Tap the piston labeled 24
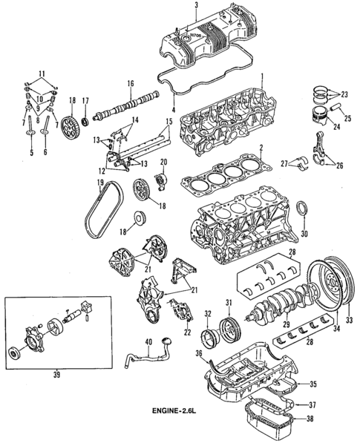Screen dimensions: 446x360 (320, 119)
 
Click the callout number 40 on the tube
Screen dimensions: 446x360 (148, 341)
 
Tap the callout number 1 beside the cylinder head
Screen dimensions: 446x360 (261, 76)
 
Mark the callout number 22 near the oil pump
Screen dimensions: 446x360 (187, 332)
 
